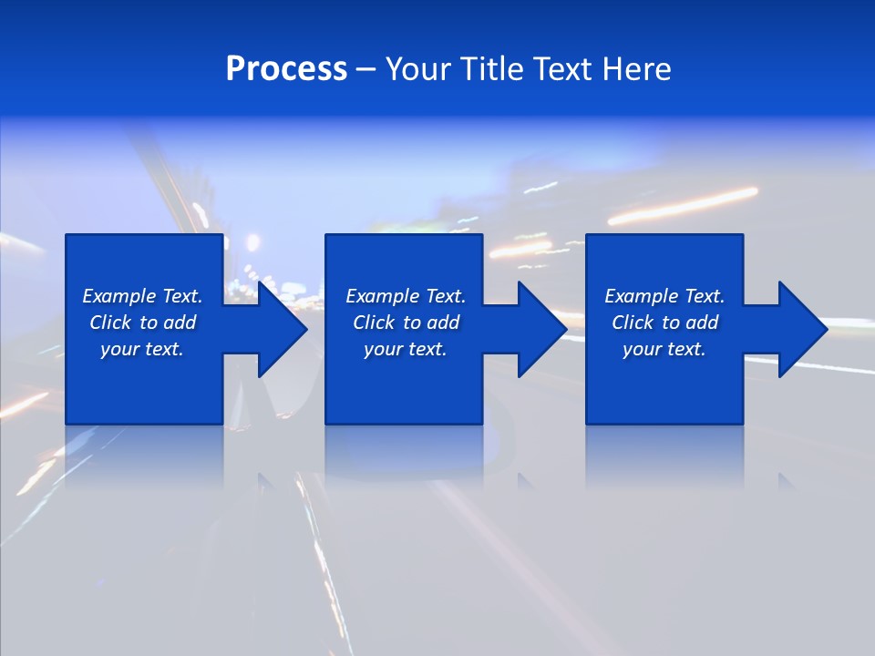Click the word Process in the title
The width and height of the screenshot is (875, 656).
point(286,69)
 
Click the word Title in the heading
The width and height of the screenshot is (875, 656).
point(490,69)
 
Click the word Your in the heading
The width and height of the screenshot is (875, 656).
point(417,69)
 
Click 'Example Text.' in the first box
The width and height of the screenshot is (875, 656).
point(142,296)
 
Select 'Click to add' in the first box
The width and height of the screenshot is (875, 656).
point(142,323)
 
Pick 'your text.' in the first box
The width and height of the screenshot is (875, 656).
point(142,349)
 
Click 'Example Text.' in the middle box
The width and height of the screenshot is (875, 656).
point(406,296)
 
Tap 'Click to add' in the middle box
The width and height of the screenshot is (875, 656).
point(406,323)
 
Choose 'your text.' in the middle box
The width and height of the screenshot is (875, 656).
point(406,349)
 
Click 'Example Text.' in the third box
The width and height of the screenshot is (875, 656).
point(664,296)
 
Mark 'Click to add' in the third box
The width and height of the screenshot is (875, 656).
point(664,323)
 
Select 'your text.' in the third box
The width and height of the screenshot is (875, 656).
point(664,349)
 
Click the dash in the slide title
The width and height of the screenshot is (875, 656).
point(366,70)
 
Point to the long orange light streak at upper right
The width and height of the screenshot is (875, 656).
point(684,206)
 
